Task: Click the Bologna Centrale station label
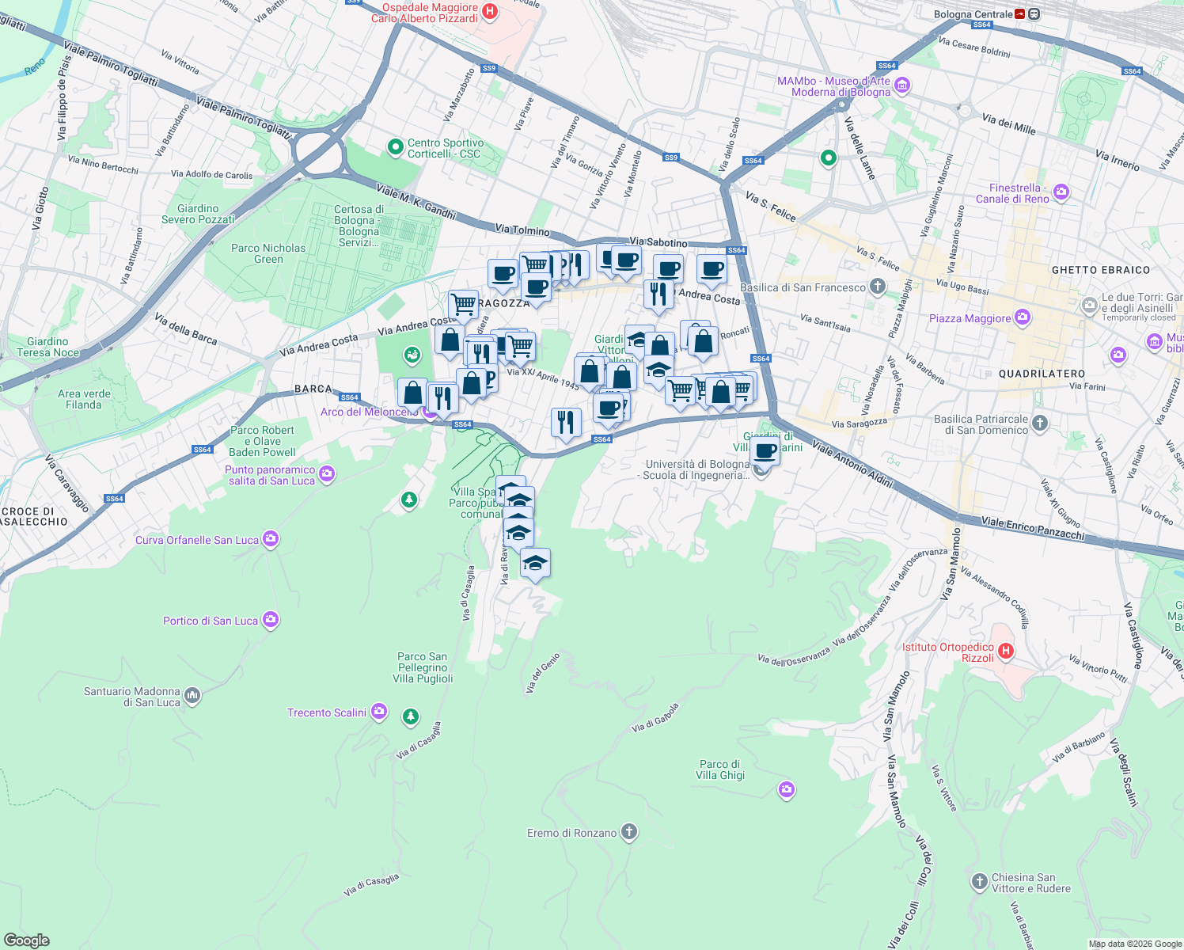[x=973, y=14]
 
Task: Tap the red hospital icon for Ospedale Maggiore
[x=490, y=11]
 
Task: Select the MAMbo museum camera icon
[x=903, y=85]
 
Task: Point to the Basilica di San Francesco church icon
[x=877, y=287]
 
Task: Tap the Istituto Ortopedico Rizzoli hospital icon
[x=1005, y=652]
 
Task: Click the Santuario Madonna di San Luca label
[x=131, y=697]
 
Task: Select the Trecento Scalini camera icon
[x=379, y=712]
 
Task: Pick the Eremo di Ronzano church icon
[x=629, y=832]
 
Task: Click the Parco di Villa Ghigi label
[x=719, y=770]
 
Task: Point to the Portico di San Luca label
[x=210, y=621]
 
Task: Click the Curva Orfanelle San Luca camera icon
[x=271, y=539]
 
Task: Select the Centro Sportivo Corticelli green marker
[x=395, y=147]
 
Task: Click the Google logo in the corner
[x=26, y=940]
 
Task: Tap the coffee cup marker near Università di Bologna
[x=765, y=451]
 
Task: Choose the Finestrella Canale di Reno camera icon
[x=1061, y=192]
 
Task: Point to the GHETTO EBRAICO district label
[x=1100, y=270]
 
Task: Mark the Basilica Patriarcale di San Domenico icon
[x=1040, y=424]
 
